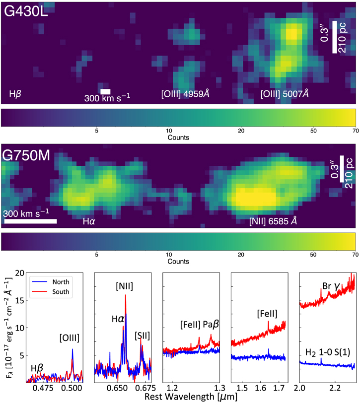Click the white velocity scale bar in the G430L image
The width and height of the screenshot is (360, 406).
(105, 91)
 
